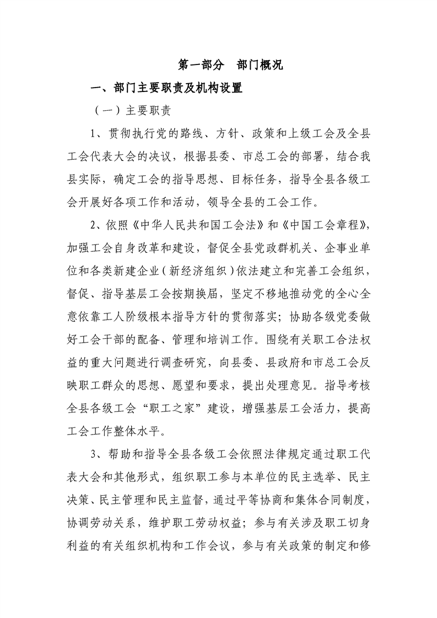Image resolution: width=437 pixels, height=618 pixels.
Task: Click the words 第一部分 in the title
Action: pos(201,65)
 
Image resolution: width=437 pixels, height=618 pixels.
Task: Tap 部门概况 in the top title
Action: pos(260,65)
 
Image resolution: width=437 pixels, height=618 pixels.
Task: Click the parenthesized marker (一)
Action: pos(104,110)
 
